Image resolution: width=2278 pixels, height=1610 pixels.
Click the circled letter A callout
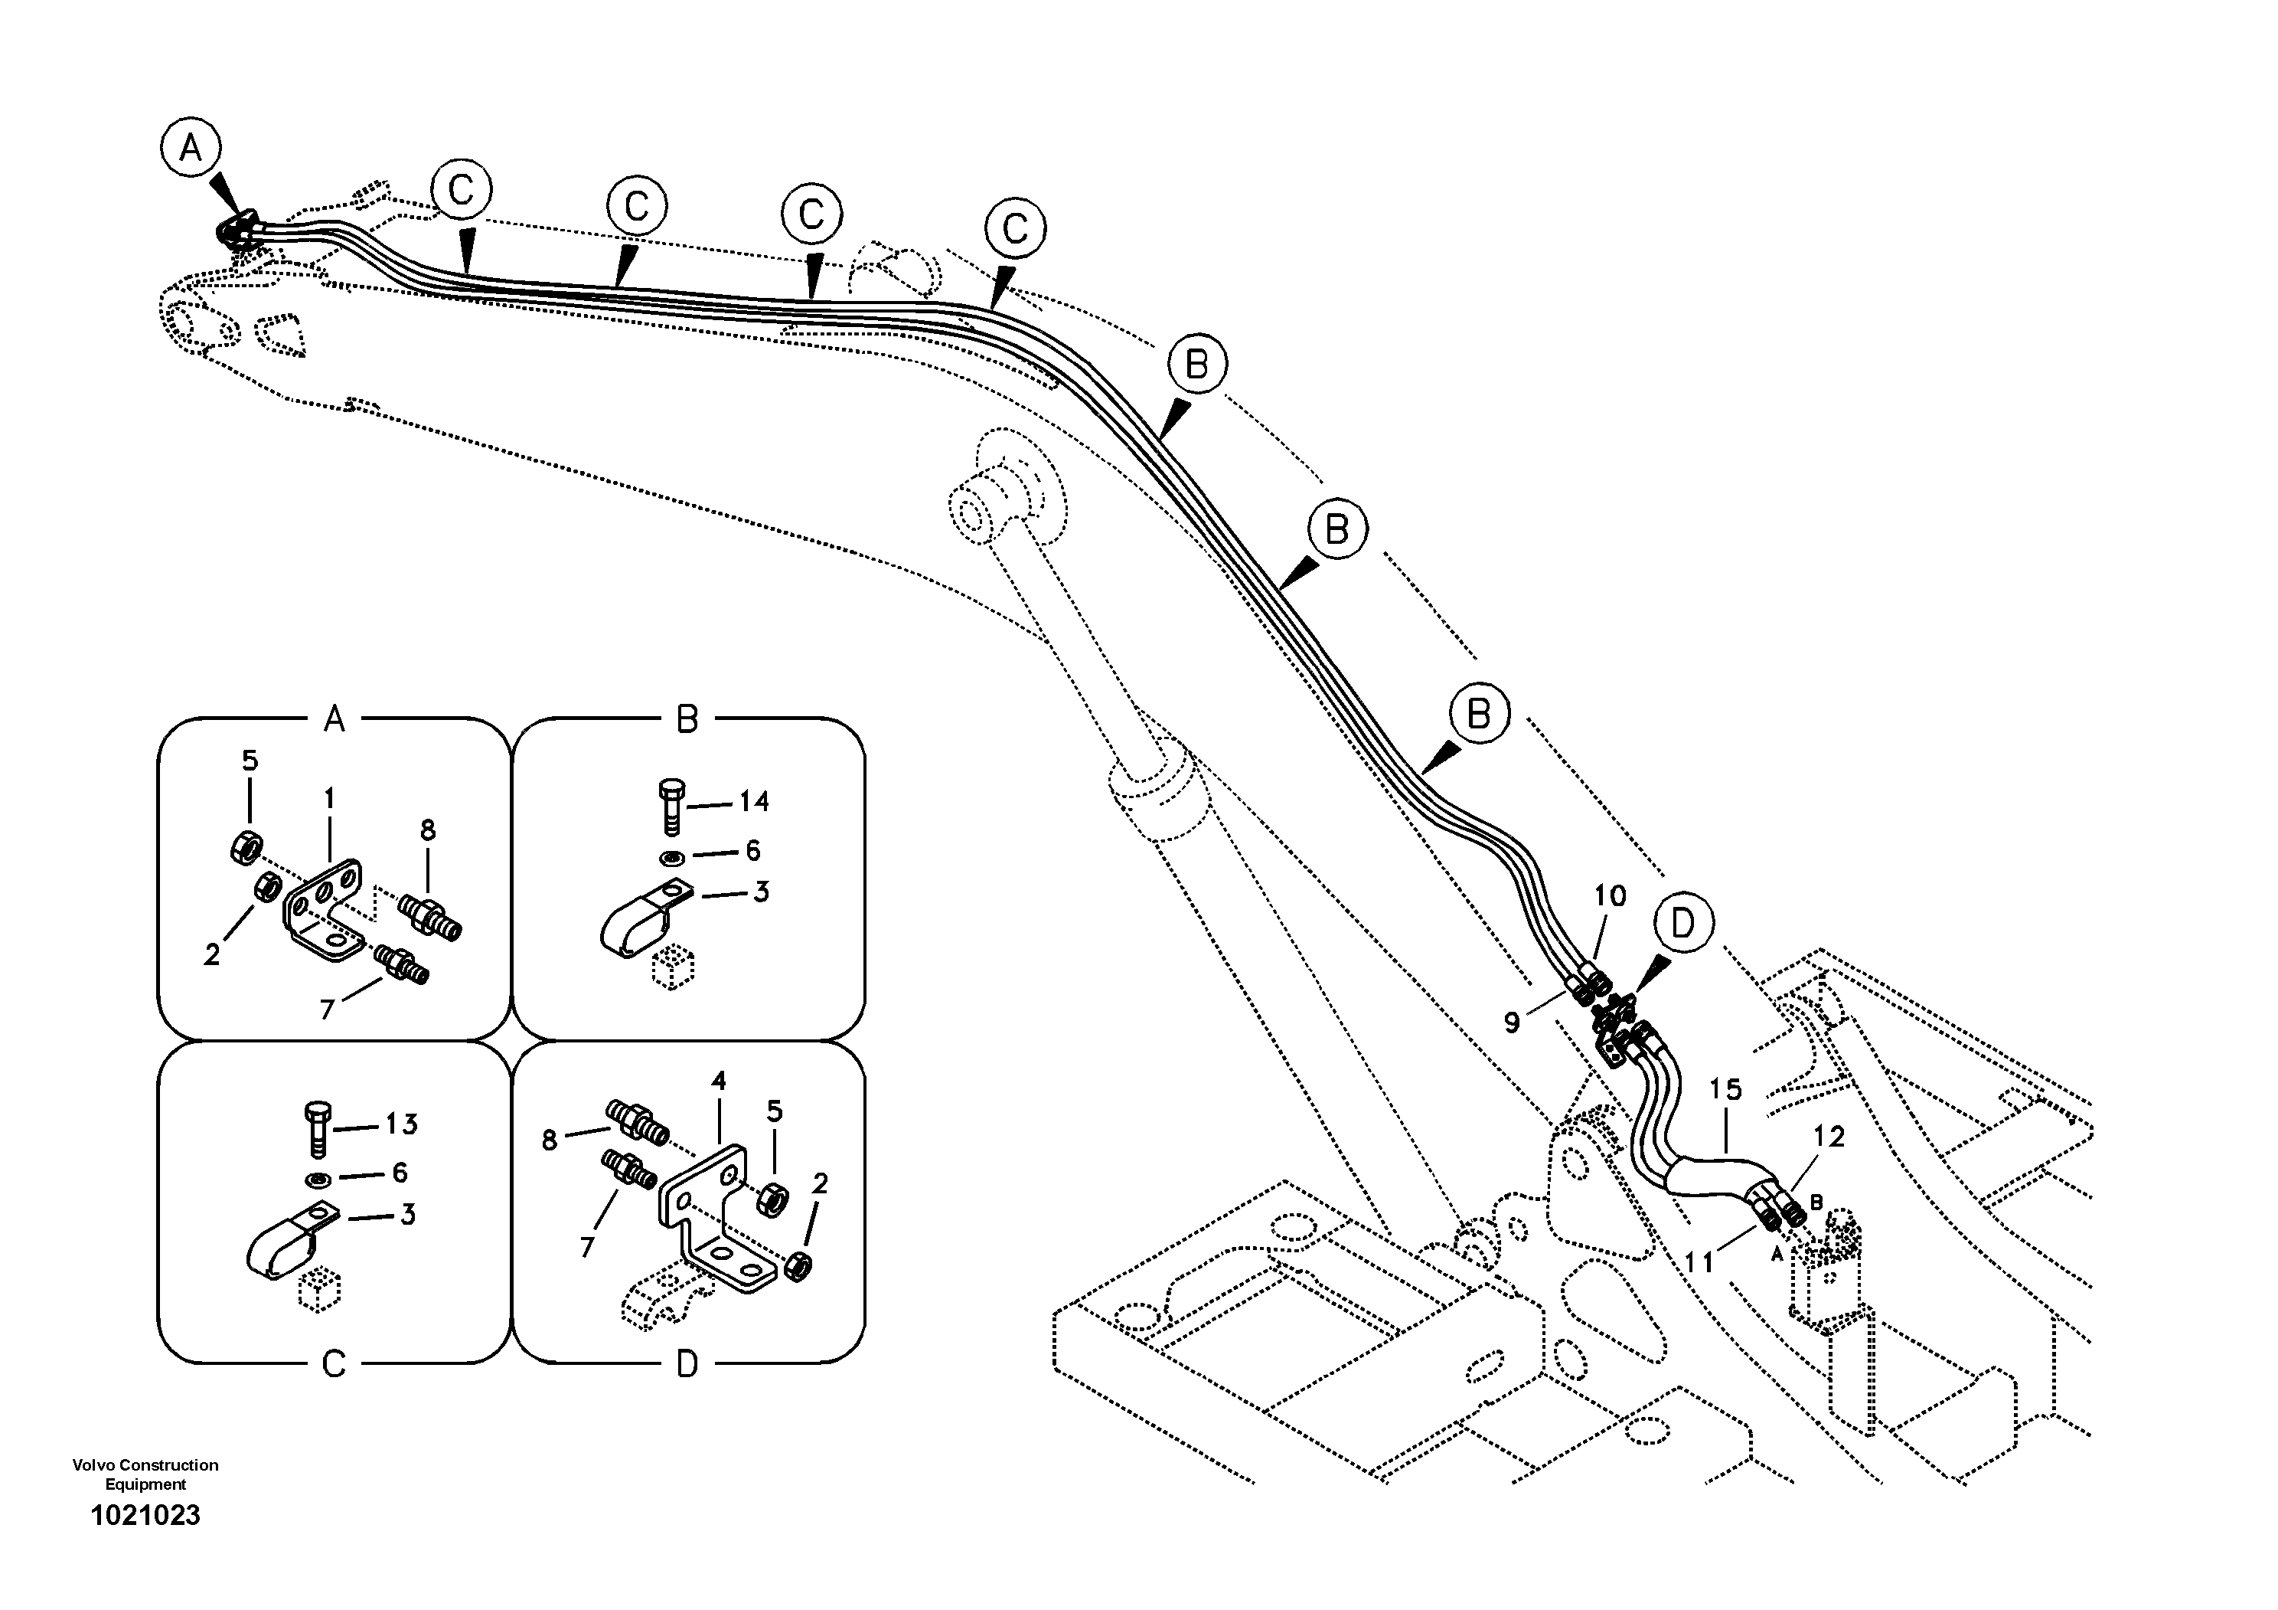(190, 149)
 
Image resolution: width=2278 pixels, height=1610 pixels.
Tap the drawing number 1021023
(146, 1516)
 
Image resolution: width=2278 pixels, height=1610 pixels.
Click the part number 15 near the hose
(1725, 1090)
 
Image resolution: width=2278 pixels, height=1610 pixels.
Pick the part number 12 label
(1829, 1137)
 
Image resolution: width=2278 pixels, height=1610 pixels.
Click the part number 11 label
(1699, 1262)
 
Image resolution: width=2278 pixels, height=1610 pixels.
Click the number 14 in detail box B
(754, 801)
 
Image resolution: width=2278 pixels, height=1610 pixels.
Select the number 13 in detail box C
(401, 1124)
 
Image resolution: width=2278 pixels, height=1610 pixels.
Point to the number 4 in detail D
(718, 1081)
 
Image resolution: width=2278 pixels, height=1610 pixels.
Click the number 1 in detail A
(329, 799)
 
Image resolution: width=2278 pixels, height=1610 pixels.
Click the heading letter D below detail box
(687, 1365)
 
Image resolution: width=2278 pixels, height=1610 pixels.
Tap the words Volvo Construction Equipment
(146, 1474)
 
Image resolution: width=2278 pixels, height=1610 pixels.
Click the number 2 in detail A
(211, 955)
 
